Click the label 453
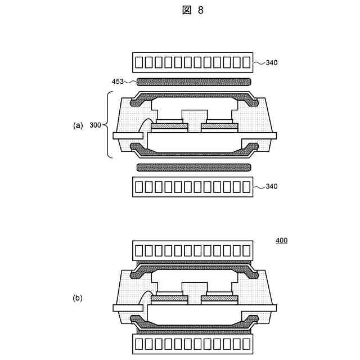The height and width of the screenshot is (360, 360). [x=119, y=82]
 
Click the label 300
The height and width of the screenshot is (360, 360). [x=96, y=125]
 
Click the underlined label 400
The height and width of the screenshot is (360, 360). [x=281, y=241]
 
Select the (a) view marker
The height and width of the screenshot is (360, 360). [x=78, y=125]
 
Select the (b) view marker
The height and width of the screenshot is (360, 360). [x=78, y=299]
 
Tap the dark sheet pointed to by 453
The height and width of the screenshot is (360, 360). [x=193, y=82]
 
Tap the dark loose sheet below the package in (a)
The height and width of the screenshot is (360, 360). [x=193, y=168]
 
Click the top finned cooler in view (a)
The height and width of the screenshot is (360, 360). [x=193, y=62]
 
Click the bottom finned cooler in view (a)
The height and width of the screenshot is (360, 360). [x=193, y=186]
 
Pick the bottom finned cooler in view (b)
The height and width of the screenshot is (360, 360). [x=193, y=345]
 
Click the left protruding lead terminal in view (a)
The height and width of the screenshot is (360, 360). [x=127, y=136]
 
